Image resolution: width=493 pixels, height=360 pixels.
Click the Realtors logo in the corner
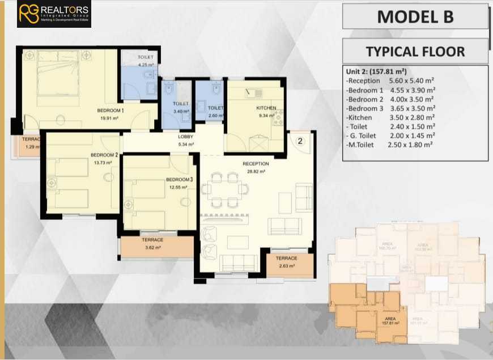(53, 14)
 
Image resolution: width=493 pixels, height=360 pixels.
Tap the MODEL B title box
(415, 16)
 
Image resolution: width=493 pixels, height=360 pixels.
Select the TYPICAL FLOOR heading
(415, 52)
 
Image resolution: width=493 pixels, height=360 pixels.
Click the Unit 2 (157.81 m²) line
(376, 72)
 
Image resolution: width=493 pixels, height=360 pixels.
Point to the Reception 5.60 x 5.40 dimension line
(390, 81)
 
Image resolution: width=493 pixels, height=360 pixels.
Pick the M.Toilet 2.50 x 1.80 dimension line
(389, 145)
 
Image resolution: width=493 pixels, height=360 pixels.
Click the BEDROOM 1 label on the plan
(110, 110)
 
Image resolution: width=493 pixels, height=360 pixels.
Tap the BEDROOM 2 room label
(104, 155)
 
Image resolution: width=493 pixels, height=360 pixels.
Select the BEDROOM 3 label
(180, 180)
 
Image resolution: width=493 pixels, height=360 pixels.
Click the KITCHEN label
(266, 108)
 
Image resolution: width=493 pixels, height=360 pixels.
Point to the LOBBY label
(186, 137)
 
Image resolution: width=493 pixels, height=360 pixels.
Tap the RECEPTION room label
(256, 164)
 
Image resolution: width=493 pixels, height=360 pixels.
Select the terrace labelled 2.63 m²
(286, 261)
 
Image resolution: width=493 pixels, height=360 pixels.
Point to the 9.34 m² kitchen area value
(266, 115)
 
